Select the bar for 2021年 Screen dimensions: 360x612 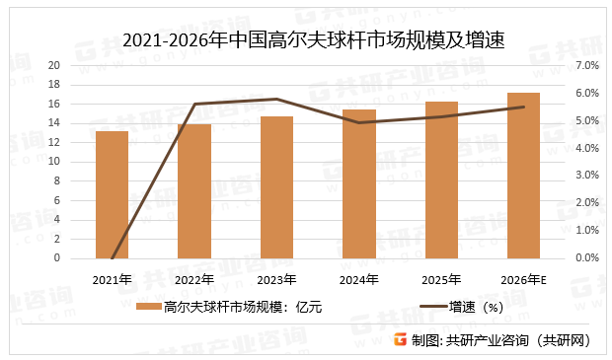click(112, 194)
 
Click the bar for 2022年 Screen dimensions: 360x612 click(194, 190)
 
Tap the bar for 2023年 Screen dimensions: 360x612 click(277, 186)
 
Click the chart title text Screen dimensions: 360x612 click(306, 39)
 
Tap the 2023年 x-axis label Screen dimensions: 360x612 click(277, 280)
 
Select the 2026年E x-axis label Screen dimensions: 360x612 click(523, 280)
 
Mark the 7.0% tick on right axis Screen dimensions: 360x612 click(586, 65)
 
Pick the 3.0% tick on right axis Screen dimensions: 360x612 click(586, 176)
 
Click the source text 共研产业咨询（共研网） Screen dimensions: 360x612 click(518, 340)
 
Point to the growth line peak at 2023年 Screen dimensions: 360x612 click(277, 99)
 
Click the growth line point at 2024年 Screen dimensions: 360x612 click(359, 122)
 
